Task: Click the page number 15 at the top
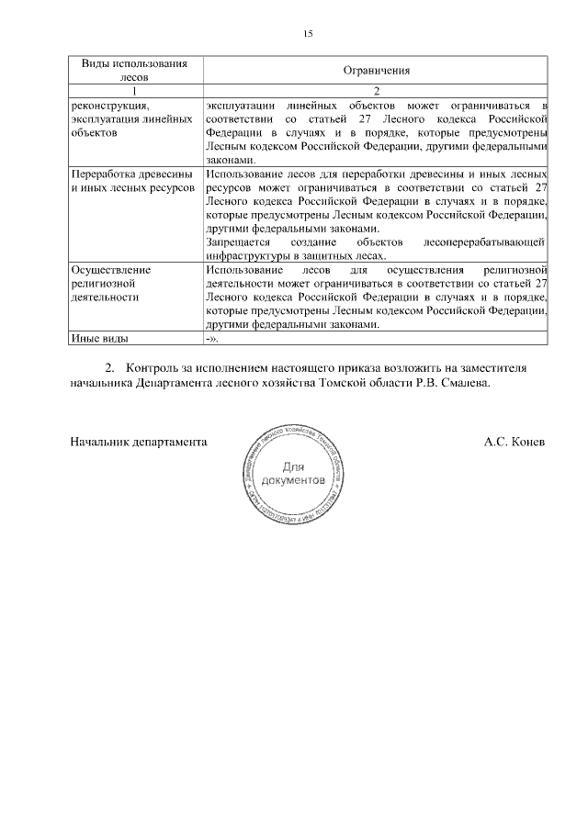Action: [x=309, y=34]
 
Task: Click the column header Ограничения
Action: [x=376, y=71]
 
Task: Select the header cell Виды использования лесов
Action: [x=135, y=71]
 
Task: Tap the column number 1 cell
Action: [x=135, y=91]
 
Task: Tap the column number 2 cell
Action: [x=376, y=91]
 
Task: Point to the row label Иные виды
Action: [x=99, y=338]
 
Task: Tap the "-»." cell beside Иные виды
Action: [x=212, y=338]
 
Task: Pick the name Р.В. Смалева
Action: [x=454, y=382]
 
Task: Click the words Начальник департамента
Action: [x=137, y=441]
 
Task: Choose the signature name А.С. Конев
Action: [x=514, y=441]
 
